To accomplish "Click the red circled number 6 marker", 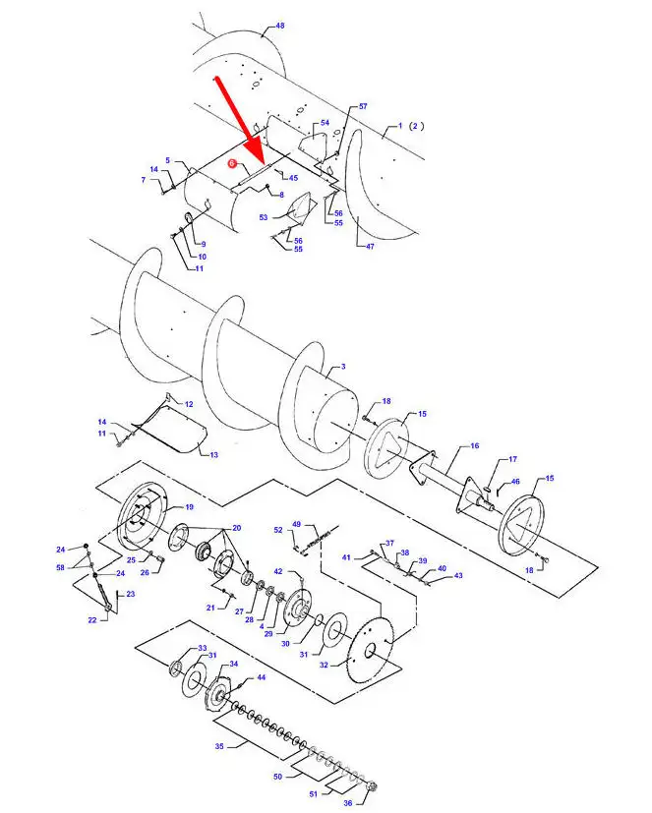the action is pyautogui.click(x=232, y=163).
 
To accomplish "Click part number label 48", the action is pyautogui.click(x=280, y=26).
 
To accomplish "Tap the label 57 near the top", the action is pyautogui.click(x=363, y=106).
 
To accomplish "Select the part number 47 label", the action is pyautogui.click(x=370, y=247).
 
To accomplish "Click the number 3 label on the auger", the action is pyautogui.click(x=343, y=367).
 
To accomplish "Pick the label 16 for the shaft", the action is pyautogui.click(x=475, y=445).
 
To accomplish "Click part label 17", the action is pyautogui.click(x=512, y=459).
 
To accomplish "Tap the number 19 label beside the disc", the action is pyautogui.click(x=190, y=506).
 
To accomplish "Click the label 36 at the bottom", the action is pyautogui.click(x=347, y=802).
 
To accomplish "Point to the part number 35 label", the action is pyautogui.click(x=219, y=746).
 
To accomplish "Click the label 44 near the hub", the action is pyautogui.click(x=262, y=677).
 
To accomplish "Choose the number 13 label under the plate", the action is pyautogui.click(x=214, y=455).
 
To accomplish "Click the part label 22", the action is pyautogui.click(x=92, y=619).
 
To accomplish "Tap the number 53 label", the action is pyautogui.click(x=264, y=217).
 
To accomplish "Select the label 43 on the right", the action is pyautogui.click(x=458, y=575).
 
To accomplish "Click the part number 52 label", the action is pyautogui.click(x=278, y=529).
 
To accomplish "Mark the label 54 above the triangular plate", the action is pyautogui.click(x=325, y=123).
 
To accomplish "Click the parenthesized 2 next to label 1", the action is pyautogui.click(x=416, y=126).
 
